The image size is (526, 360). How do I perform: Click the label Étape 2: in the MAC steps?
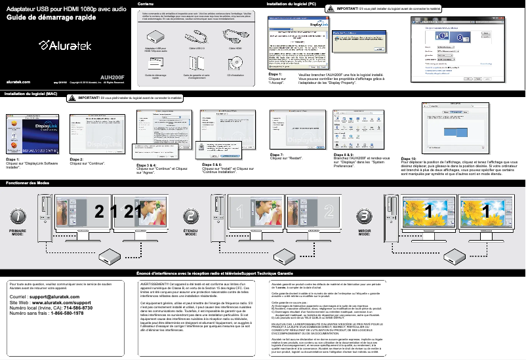pos(76,159)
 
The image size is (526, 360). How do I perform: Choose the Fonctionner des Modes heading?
pos(28,182)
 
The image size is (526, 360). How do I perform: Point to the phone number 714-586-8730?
pos(76,308)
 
